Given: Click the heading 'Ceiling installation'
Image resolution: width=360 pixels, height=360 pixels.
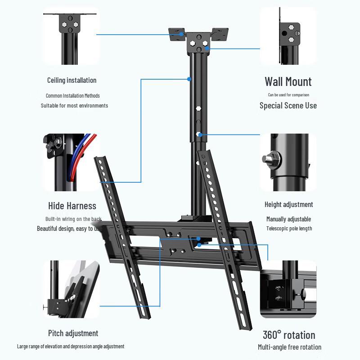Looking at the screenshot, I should tap(72, 80).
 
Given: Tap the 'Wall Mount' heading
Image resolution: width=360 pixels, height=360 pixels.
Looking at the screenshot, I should tap(288, 81).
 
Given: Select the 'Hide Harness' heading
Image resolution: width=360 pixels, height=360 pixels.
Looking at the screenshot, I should tap(72, 206).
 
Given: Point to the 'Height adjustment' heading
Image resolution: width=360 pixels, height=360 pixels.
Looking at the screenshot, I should tap(288, 204).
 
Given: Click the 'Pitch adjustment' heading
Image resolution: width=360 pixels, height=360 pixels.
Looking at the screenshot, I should tap(73, 333).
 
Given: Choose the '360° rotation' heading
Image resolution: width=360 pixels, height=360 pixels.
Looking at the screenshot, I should tap(289, 335).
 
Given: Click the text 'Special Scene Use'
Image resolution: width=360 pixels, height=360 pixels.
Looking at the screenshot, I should tap(288, 105).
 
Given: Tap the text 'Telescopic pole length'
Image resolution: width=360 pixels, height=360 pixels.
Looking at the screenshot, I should tap(289, 228).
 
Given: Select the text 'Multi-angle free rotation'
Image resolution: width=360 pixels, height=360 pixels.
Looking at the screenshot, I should tap(289, 347).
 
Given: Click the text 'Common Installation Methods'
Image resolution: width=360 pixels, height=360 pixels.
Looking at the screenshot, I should tap(72, 95).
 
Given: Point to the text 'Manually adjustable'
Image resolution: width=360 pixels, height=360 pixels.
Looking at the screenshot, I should tap(288, 219).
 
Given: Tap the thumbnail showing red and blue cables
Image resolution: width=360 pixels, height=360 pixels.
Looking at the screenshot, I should tap(71, 162).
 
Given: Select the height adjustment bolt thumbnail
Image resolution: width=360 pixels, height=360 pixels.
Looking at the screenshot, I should tap(288, 162).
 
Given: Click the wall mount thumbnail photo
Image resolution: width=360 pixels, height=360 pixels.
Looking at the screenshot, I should tap(288, 36).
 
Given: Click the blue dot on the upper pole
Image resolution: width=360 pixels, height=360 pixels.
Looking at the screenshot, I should tap(189, 79).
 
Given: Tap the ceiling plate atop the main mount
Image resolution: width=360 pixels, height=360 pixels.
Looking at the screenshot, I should tap(198, 36).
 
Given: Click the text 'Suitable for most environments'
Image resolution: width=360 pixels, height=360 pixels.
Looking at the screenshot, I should tap(74, 106).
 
